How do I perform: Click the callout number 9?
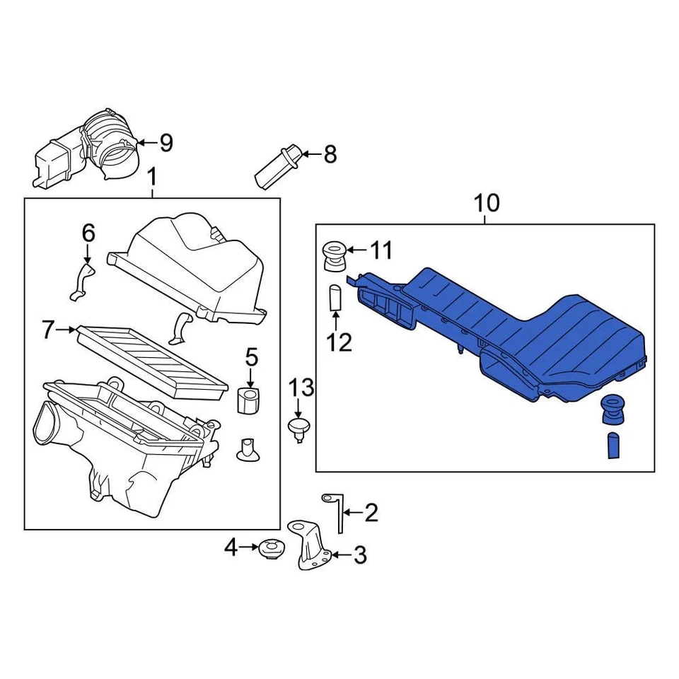click(x=166, y=144)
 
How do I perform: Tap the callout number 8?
click(x=330, y=154)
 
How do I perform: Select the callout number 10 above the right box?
click(x=486, y=204)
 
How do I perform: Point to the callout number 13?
click(x=300, y=388)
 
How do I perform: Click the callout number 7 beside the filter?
click(x=48, y=330)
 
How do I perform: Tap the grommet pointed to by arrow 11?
click(x=333, y=255)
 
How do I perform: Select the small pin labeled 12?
click(x=335, y=298)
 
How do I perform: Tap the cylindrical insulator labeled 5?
click(x=249, y=401)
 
